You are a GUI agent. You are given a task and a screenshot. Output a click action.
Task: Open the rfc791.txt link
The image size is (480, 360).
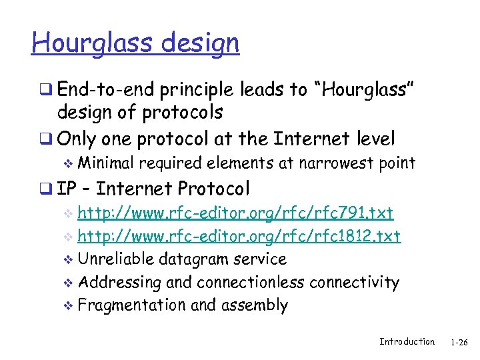point(235,213)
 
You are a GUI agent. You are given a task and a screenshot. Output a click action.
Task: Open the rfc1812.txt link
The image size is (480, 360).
point(239,236)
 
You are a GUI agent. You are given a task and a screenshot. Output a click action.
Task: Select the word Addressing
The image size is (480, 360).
point(119,282)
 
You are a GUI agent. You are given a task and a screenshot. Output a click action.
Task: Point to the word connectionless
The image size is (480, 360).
point(250,282)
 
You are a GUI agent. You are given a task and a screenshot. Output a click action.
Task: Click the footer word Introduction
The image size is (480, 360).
point(407,341)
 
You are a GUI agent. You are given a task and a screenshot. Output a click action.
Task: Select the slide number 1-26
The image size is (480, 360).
point(459,342)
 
